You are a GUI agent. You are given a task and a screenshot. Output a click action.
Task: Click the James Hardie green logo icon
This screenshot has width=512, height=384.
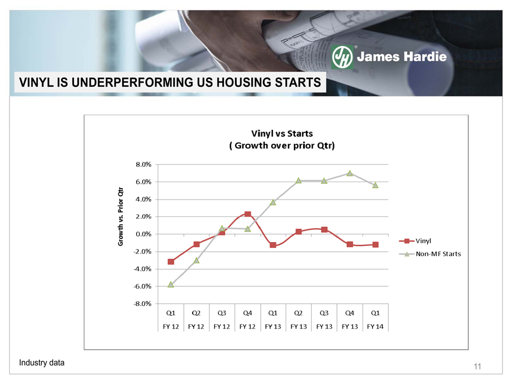(342, 57)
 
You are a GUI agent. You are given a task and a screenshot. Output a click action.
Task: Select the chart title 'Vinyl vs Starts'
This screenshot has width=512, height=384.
(282, 134)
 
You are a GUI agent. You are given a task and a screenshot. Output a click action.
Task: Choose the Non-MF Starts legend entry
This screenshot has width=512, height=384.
(430, 254)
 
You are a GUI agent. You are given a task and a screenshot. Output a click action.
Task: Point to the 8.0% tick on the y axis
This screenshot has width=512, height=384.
(144, 165)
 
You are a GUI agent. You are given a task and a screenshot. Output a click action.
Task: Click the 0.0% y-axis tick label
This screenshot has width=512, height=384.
(144, 234)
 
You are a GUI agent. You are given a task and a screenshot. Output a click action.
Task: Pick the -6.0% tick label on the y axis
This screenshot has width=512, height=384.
(143, 286)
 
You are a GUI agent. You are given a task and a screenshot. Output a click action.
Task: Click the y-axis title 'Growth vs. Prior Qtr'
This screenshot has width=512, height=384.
(120, 216)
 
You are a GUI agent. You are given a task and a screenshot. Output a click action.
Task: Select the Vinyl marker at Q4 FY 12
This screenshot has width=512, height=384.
(247, 214)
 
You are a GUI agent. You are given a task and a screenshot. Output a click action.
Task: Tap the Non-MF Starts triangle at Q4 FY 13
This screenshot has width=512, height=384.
(350, 173)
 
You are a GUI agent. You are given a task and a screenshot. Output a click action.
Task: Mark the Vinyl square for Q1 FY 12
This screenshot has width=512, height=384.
(171, 262)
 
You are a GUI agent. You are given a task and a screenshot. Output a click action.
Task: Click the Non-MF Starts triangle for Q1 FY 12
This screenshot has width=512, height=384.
(171, 285)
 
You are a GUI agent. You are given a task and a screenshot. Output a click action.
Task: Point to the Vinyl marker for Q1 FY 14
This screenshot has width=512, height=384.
(375, 244)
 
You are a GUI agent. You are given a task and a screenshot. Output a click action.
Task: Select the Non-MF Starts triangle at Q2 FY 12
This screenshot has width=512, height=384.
(196, 260)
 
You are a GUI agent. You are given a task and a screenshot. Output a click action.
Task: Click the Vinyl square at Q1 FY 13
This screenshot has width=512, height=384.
(273, 245)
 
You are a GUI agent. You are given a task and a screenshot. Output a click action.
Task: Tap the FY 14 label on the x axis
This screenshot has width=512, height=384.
(375, 326)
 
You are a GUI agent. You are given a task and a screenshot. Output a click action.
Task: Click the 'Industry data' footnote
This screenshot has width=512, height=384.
(42, 363)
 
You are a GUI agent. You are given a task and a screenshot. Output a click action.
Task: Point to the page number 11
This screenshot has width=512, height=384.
(478, 367)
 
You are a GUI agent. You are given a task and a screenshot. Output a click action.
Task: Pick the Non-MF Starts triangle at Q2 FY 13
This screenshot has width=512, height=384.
(298, 180)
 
